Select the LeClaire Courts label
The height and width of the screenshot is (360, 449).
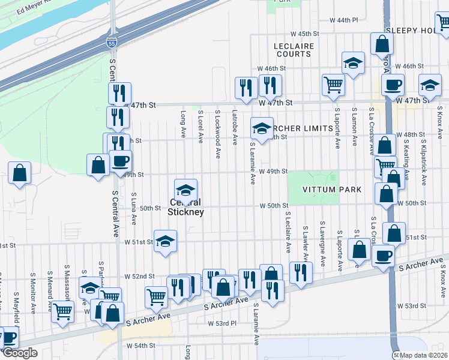click(292, 50)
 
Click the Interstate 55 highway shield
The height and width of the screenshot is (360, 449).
click(111, 43)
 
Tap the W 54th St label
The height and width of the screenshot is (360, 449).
click(141, 346)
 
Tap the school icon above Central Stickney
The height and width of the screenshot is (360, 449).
click(185, 190)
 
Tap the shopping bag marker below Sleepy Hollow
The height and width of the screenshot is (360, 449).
click(382, 43)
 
